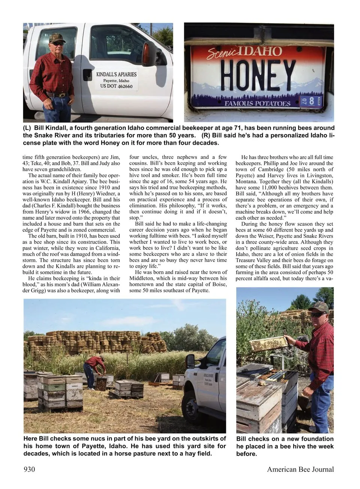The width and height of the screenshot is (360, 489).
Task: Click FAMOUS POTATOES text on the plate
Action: [x=257, y=103]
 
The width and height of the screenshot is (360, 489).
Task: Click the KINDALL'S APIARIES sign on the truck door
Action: [x=116, y=74]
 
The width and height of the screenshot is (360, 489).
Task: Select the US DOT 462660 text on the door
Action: [x=116, y=86]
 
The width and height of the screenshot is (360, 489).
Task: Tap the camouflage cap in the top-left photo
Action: [x=57, y=37]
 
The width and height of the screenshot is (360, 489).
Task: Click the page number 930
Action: [x=29, y=469]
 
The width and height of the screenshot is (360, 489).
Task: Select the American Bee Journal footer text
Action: [x=300, y=469]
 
